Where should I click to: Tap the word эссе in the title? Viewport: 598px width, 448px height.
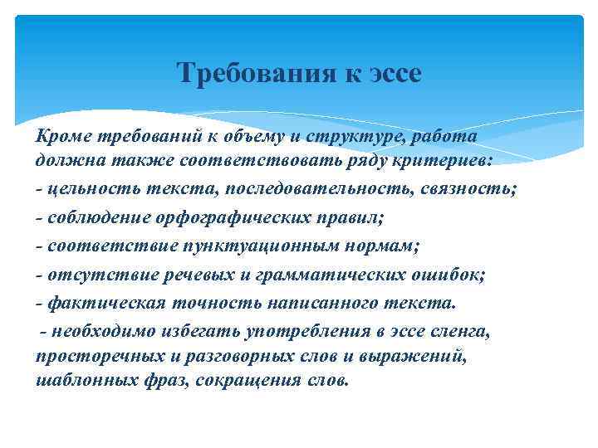click(391, 74)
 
